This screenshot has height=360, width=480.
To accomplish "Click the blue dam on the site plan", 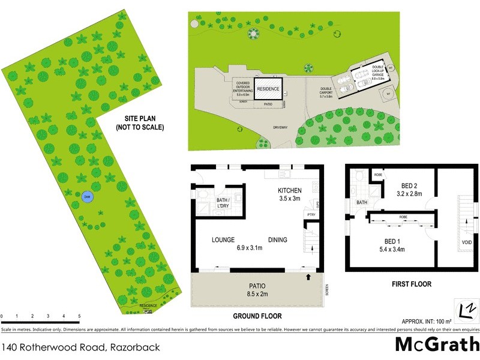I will point(87,197).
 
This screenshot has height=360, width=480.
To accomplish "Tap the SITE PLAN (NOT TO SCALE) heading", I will point(140,122).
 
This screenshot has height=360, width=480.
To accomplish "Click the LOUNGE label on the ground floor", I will point(223,240).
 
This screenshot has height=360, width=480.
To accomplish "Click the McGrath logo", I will point(437,345).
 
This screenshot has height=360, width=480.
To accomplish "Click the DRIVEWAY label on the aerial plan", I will point(281,127).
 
